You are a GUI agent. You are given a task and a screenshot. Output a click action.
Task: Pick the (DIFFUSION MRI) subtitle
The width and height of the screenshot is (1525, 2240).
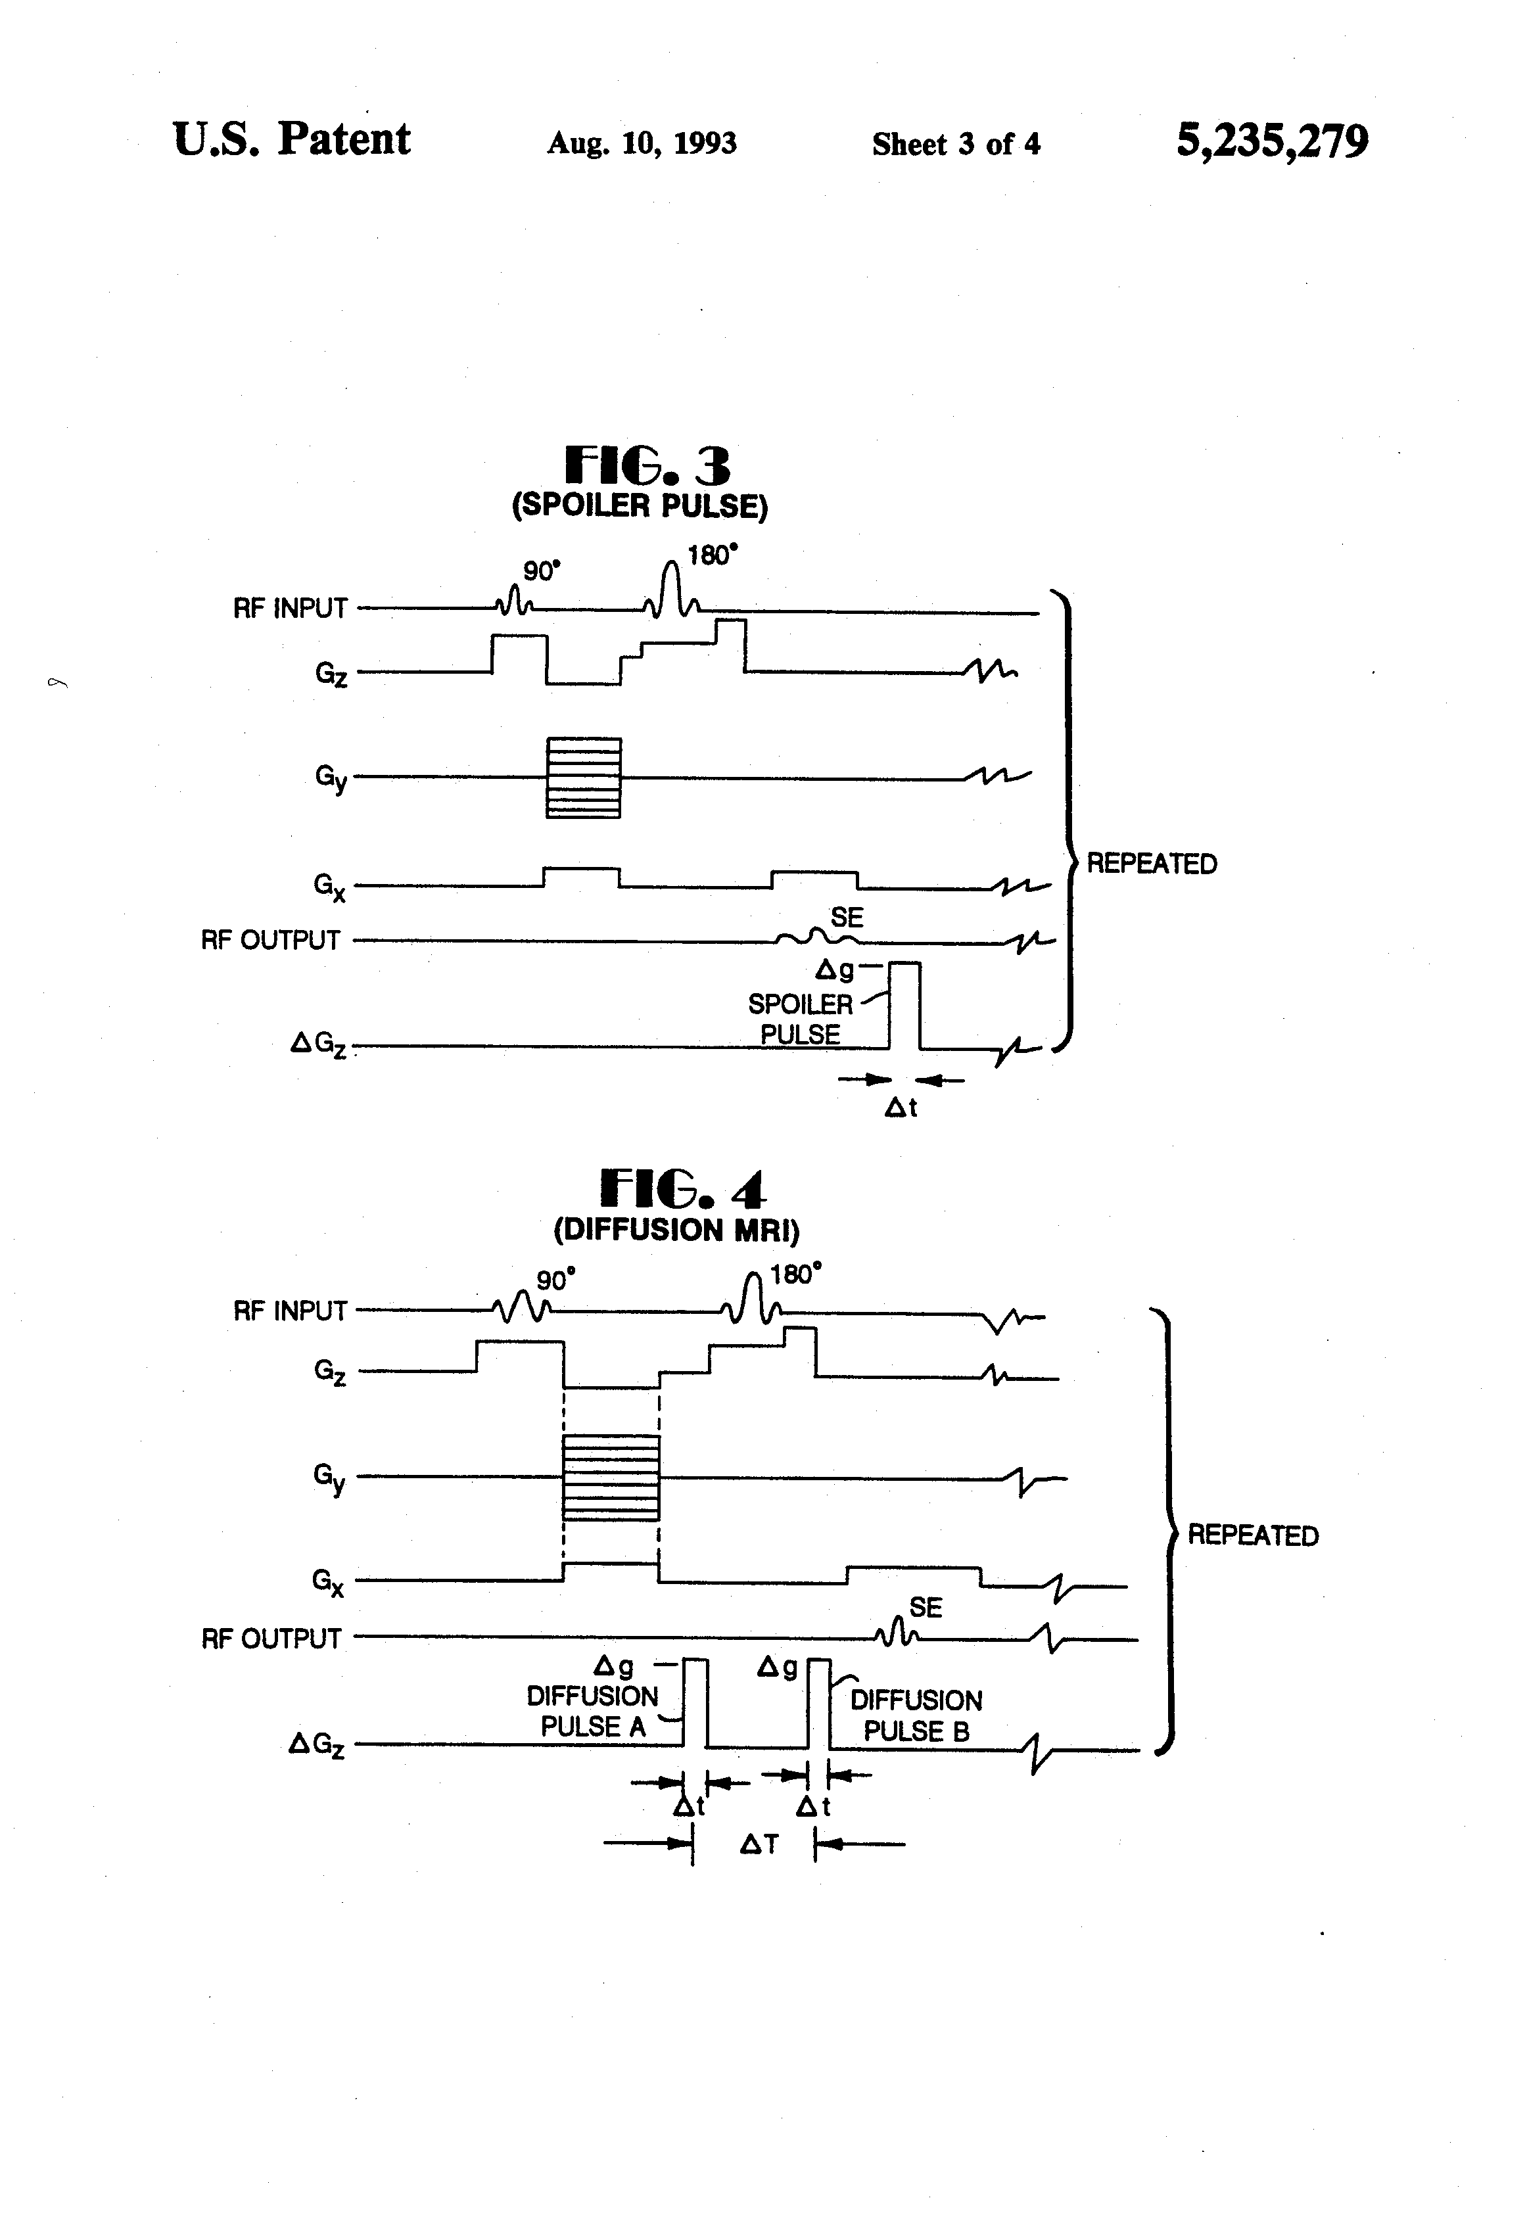676,1230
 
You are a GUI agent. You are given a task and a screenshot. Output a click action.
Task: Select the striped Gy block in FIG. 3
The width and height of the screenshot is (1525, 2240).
583,778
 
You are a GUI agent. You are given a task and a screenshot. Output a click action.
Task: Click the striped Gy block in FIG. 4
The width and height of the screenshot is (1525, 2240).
611,1478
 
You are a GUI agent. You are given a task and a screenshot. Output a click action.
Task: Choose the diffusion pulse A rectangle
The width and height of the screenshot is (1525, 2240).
695,1702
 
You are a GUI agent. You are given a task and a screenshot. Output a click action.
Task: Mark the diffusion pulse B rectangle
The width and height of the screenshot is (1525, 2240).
818,1702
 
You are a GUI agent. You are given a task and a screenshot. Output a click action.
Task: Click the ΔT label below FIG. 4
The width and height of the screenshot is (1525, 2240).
759,1844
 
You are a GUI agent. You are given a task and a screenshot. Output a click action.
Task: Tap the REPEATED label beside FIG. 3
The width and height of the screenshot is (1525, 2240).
1151,864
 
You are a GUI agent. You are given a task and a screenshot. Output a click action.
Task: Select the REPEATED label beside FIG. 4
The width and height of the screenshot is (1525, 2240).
1252,1535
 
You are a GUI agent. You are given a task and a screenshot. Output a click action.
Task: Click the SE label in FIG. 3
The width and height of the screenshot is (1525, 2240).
847,917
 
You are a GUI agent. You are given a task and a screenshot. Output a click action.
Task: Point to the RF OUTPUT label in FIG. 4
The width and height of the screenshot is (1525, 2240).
271,1639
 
